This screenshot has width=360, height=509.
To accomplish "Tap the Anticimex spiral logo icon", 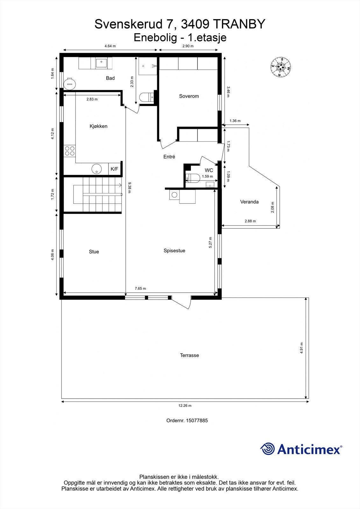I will pos(267,449).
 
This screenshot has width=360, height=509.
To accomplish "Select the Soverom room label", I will pos(189,96).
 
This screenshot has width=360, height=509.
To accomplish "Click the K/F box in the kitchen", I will pos(114,169).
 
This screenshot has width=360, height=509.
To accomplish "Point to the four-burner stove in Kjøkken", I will pos(70,150).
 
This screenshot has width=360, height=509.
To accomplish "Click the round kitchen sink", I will pos(96,169).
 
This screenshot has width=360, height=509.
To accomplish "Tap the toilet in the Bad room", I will pos(146,97).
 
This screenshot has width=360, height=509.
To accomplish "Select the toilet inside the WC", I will pos(193,178).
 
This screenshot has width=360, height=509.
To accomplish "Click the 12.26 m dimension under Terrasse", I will pos(185,406).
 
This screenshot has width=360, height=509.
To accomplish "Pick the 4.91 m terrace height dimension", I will pos(301,348).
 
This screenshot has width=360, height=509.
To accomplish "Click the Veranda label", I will pos(249,202).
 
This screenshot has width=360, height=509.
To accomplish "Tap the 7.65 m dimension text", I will pos(140,289).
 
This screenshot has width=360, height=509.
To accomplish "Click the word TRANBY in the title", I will pos(239,24).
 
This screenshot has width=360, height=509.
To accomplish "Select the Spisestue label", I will pos(174,251).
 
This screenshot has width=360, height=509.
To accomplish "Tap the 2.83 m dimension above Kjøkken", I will pos(92,99).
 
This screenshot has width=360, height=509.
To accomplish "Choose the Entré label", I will pos(169,157).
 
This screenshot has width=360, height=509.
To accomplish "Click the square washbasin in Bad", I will pos(102,63).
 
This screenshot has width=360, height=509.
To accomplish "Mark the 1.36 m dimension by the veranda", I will pos(235,121).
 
